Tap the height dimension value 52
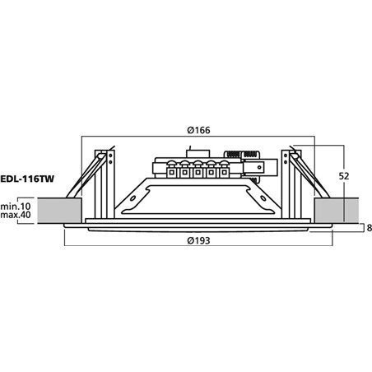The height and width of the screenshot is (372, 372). tap(345, 175)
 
